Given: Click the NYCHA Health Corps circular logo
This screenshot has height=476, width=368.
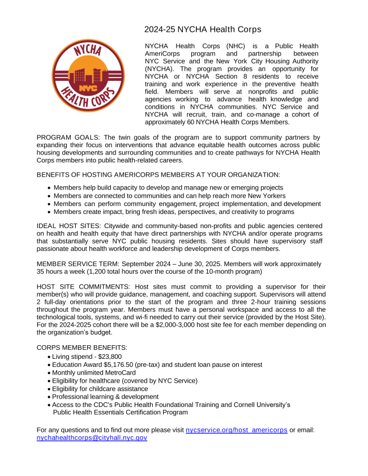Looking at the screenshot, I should click(87, 75).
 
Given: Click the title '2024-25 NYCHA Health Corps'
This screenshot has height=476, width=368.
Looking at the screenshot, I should click(203, 29).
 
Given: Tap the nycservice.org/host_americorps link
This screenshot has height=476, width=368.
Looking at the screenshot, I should click(237, 430).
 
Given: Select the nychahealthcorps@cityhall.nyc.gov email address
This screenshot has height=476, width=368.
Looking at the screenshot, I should click(92, 438).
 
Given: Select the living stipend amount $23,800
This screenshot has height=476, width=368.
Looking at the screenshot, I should click(110, 357).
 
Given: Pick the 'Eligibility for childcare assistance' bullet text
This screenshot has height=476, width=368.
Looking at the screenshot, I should click(100, 389).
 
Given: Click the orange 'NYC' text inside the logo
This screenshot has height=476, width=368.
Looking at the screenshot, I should click(87, 88).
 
